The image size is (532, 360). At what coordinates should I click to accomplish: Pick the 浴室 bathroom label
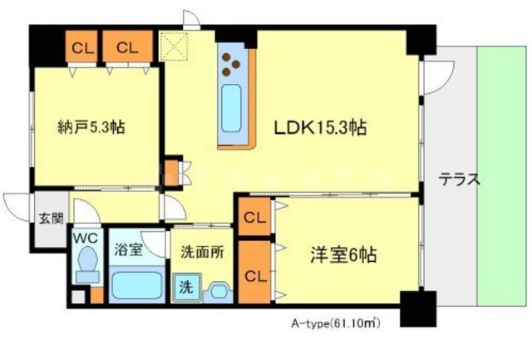coord(129,248)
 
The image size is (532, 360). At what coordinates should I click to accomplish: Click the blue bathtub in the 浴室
coord(137,286)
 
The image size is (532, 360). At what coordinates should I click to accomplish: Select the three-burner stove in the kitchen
coord(233,61)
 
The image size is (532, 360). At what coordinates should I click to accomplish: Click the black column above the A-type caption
coord(413,309)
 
